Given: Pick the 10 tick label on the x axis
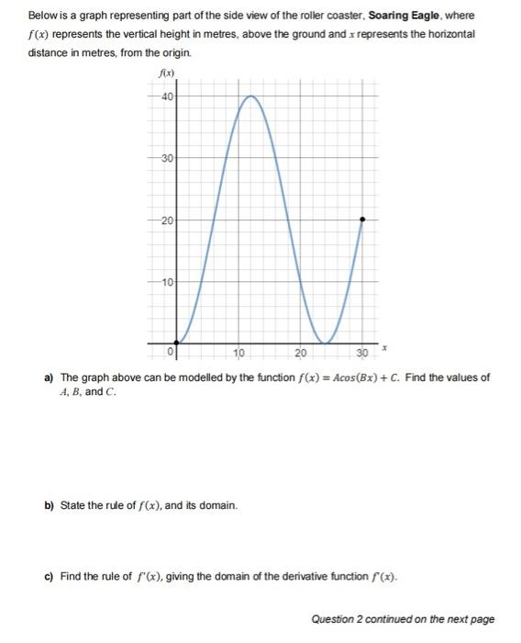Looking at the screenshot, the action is point(238,353).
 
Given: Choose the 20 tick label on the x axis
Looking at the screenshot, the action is point(301,353).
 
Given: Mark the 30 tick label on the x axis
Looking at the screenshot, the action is point(361,353).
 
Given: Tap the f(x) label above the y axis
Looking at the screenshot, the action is point(167,73).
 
